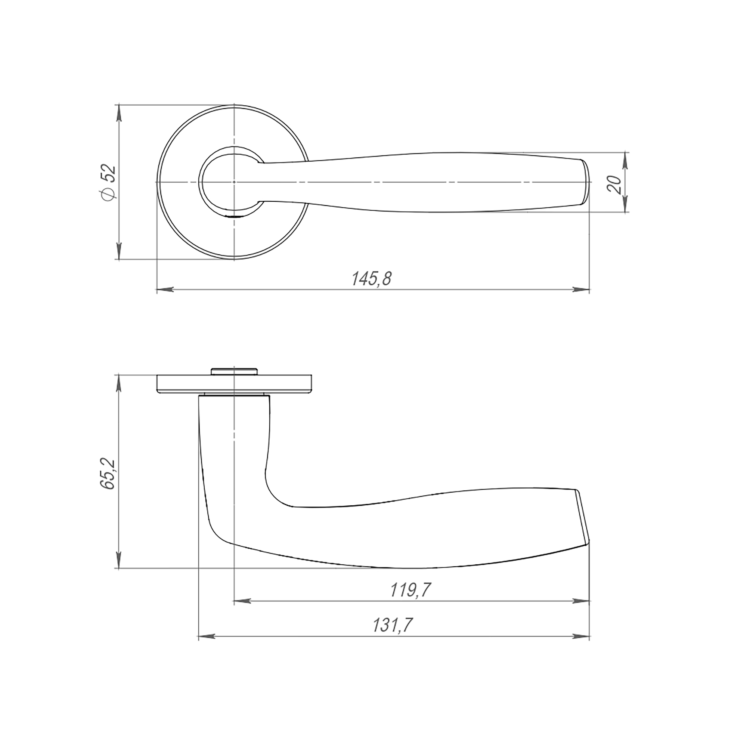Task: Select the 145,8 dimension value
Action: (x=372, y=279)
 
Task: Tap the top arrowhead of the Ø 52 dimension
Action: (x=119, y=112)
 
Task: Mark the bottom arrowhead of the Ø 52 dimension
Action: (x=119, y=251)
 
